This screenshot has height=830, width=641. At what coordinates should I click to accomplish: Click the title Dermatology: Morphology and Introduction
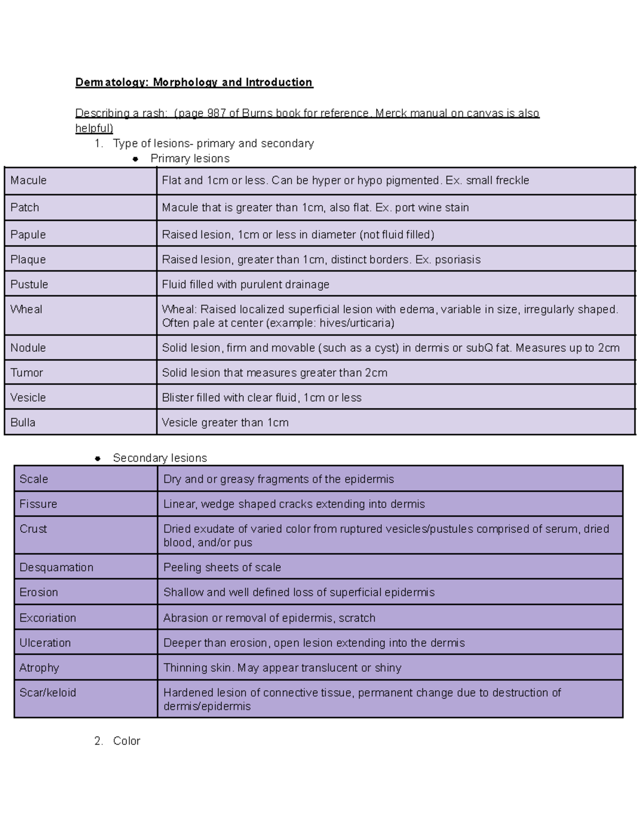point(194,82)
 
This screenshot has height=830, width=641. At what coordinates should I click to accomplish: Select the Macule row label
point(28,181)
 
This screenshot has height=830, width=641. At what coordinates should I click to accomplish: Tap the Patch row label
point(25,207)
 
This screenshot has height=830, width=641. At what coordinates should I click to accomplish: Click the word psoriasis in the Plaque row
point(457,260)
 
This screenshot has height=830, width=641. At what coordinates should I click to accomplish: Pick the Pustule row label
point(29,284)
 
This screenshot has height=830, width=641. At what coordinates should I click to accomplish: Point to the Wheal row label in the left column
point(26,309)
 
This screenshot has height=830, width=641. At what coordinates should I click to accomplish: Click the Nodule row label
point(28,348)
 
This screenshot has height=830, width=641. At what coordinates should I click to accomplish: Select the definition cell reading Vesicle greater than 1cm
point(225,423)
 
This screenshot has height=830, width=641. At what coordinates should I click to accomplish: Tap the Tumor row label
point(26,373)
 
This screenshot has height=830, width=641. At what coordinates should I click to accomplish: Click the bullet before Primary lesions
point(135,159)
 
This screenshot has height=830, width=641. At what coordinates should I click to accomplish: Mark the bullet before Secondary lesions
point(97,458)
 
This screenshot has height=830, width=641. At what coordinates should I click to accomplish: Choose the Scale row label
point(34,479)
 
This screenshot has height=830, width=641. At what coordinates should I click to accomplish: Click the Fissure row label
point(38,504)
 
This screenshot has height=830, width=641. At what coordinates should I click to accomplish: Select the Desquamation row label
point(56,567)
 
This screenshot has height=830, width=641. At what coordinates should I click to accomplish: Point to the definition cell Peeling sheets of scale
point(222,567)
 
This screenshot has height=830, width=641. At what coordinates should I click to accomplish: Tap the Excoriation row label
point(48,618)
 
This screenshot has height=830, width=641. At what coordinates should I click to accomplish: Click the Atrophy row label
point(39,668)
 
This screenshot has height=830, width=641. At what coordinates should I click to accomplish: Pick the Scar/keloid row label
point(48,693)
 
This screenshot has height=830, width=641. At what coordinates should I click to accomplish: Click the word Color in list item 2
point(127,741)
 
